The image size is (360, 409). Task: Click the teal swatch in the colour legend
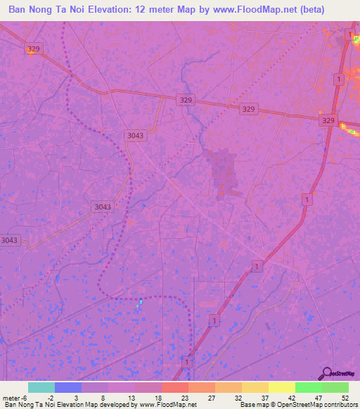coord(41,387)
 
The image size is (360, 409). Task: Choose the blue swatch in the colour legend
coord(67,387)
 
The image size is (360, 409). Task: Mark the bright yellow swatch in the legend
coord(281,387)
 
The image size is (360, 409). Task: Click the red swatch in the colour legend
coord(174,387)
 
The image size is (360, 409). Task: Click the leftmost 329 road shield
coord(33,48)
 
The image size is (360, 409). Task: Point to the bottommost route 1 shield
coord(186,361)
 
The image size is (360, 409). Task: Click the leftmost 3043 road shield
coord(9,240)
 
